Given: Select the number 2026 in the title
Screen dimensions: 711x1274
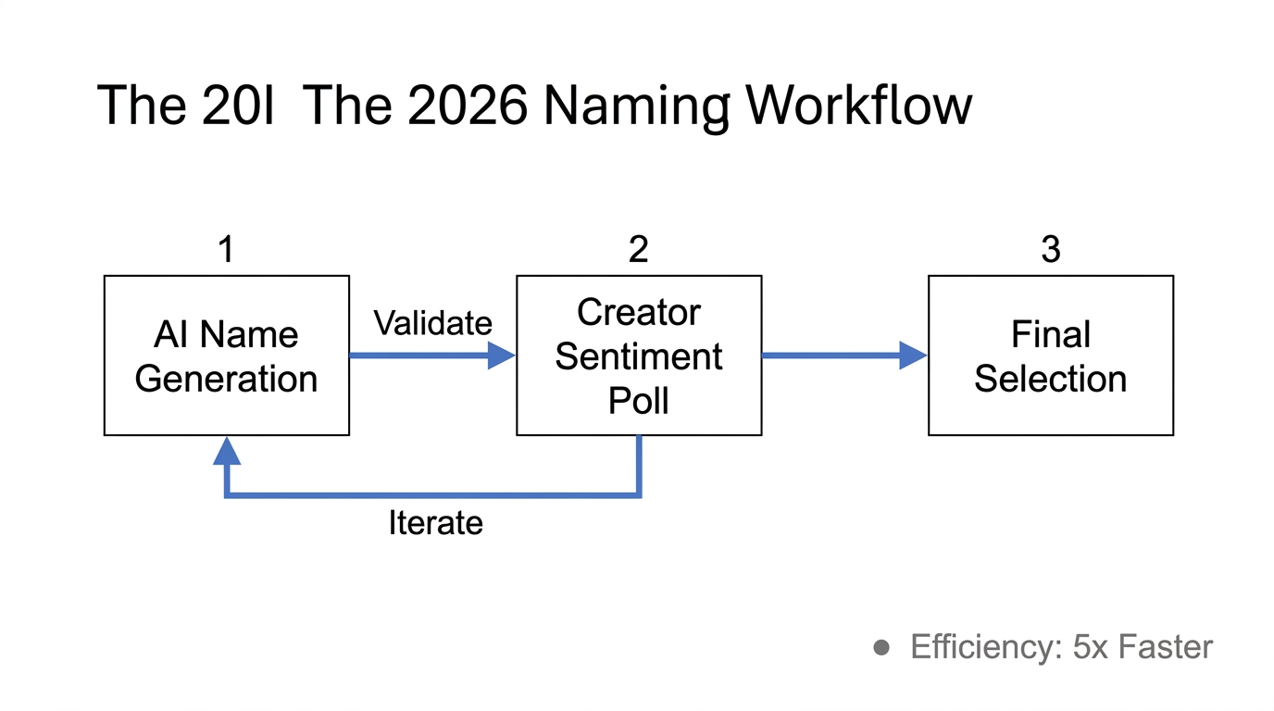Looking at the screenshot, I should click(x=468, y=106).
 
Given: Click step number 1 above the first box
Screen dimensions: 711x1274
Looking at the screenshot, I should click(x=226, y=249).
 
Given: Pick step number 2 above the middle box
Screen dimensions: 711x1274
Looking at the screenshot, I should click(x=638, y=249).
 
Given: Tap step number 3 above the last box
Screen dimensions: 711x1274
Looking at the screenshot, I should click(x=1050, y=249).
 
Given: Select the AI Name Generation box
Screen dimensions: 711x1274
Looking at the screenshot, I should click(x=226, y=355).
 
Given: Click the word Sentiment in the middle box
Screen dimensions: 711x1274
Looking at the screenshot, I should click(x=638, y=356).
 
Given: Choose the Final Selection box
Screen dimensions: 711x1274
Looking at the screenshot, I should click(x=1050, y=355).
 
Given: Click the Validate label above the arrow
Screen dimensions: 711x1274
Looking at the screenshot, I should click(x=432, y=323).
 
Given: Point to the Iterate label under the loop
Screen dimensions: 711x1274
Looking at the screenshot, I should click(x=435, y=523).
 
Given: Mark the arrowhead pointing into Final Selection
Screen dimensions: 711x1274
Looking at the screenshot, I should click(x=913, y=355).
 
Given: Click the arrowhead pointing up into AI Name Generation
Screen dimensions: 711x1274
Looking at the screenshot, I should click(x=226, y=451).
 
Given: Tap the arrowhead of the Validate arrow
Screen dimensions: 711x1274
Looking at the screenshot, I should click(x=501, y=355).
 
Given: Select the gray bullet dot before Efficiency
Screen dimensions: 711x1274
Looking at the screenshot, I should click(x=881, y=648).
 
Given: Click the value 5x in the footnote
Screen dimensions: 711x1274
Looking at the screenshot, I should click(x=1091, y=647).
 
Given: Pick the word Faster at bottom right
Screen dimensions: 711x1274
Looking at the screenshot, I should click(x=1165, y=647).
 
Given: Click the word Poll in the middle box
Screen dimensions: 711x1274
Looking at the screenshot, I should click(x=638, y=401).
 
